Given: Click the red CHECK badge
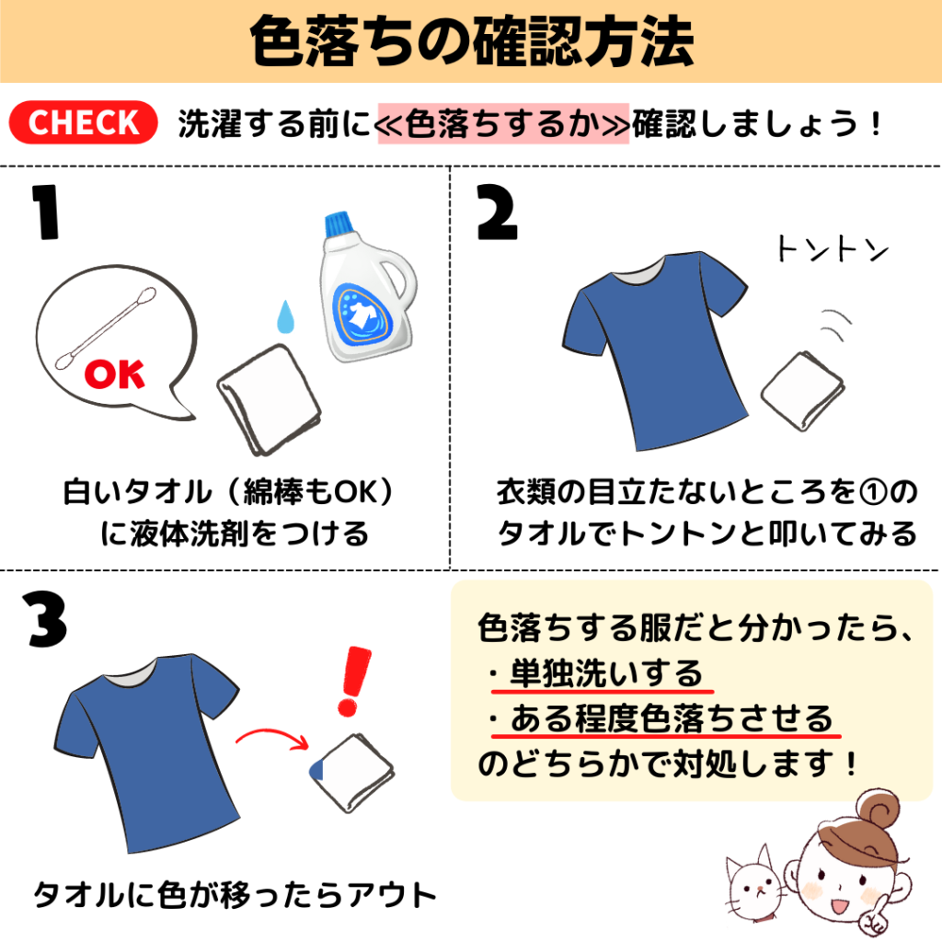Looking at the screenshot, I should (84, 123).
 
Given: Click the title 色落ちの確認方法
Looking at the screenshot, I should (471, 40).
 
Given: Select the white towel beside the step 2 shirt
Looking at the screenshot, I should (801, 390).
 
